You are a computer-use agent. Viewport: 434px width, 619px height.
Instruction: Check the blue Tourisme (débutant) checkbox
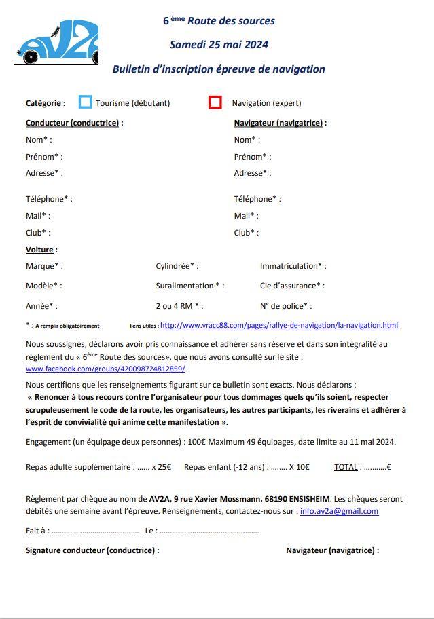click(x=85, y=102)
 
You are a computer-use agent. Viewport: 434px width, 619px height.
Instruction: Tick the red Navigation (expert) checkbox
click(x=215, y=102)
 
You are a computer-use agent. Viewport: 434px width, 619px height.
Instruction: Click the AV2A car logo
click(x=57, y=42)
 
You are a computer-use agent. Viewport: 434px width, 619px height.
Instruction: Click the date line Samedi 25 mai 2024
click(x=219, y=45)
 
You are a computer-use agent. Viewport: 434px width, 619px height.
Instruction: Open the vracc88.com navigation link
click(x=278, y=325)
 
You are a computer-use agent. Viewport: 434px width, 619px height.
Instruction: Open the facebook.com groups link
click(x=105, y=369)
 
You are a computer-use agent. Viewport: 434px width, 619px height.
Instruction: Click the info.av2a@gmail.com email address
click(x=339, y=511)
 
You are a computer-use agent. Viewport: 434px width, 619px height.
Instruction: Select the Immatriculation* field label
click(x=293, y=266)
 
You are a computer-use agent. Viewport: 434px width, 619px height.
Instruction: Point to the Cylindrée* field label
click(x=177, y=266)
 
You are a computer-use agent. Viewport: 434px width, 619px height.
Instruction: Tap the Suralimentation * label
click(x=189, y=286)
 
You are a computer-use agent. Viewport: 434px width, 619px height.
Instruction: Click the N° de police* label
click(x=286, y=306)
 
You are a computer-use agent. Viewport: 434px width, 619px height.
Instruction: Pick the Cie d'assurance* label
click(x=292, y=286)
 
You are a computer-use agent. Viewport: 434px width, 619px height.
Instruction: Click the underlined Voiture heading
click(x=40, y=250)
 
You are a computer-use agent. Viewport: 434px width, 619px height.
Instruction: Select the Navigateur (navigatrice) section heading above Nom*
click(x=279, y=123)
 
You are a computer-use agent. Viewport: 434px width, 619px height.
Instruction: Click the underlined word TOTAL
click(x=346, y=467)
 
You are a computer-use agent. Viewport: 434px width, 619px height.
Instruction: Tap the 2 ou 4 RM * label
click(x=179, y=306)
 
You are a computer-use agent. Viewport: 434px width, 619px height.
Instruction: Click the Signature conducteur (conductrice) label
click(x=92, y=550)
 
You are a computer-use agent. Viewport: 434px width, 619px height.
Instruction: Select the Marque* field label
click(x=43, y=266)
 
